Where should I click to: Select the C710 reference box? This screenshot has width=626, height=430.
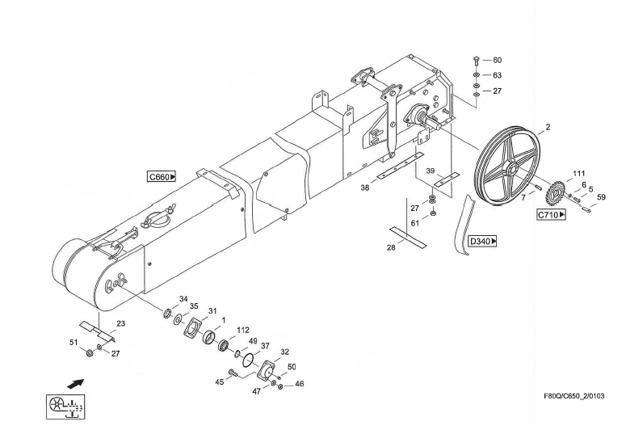pos(551,215)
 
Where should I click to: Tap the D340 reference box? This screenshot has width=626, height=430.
pos(483,241)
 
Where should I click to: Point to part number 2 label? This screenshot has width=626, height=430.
pos(548,128)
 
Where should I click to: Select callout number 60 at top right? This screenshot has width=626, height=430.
pos(498,61)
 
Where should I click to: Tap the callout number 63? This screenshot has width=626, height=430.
pos(498,75)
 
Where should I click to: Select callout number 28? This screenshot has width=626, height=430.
pos(391,247)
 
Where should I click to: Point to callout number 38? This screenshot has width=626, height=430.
pos(365,187)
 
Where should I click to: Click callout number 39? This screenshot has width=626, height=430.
pos(431,171)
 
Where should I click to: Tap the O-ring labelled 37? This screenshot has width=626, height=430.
pos(252,356)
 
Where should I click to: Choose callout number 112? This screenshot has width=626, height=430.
pos(243,330)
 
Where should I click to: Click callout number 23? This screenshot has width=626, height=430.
pos(120,324)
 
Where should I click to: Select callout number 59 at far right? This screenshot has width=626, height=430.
pos(601,197)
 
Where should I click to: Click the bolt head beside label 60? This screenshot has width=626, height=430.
pos(477,61)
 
